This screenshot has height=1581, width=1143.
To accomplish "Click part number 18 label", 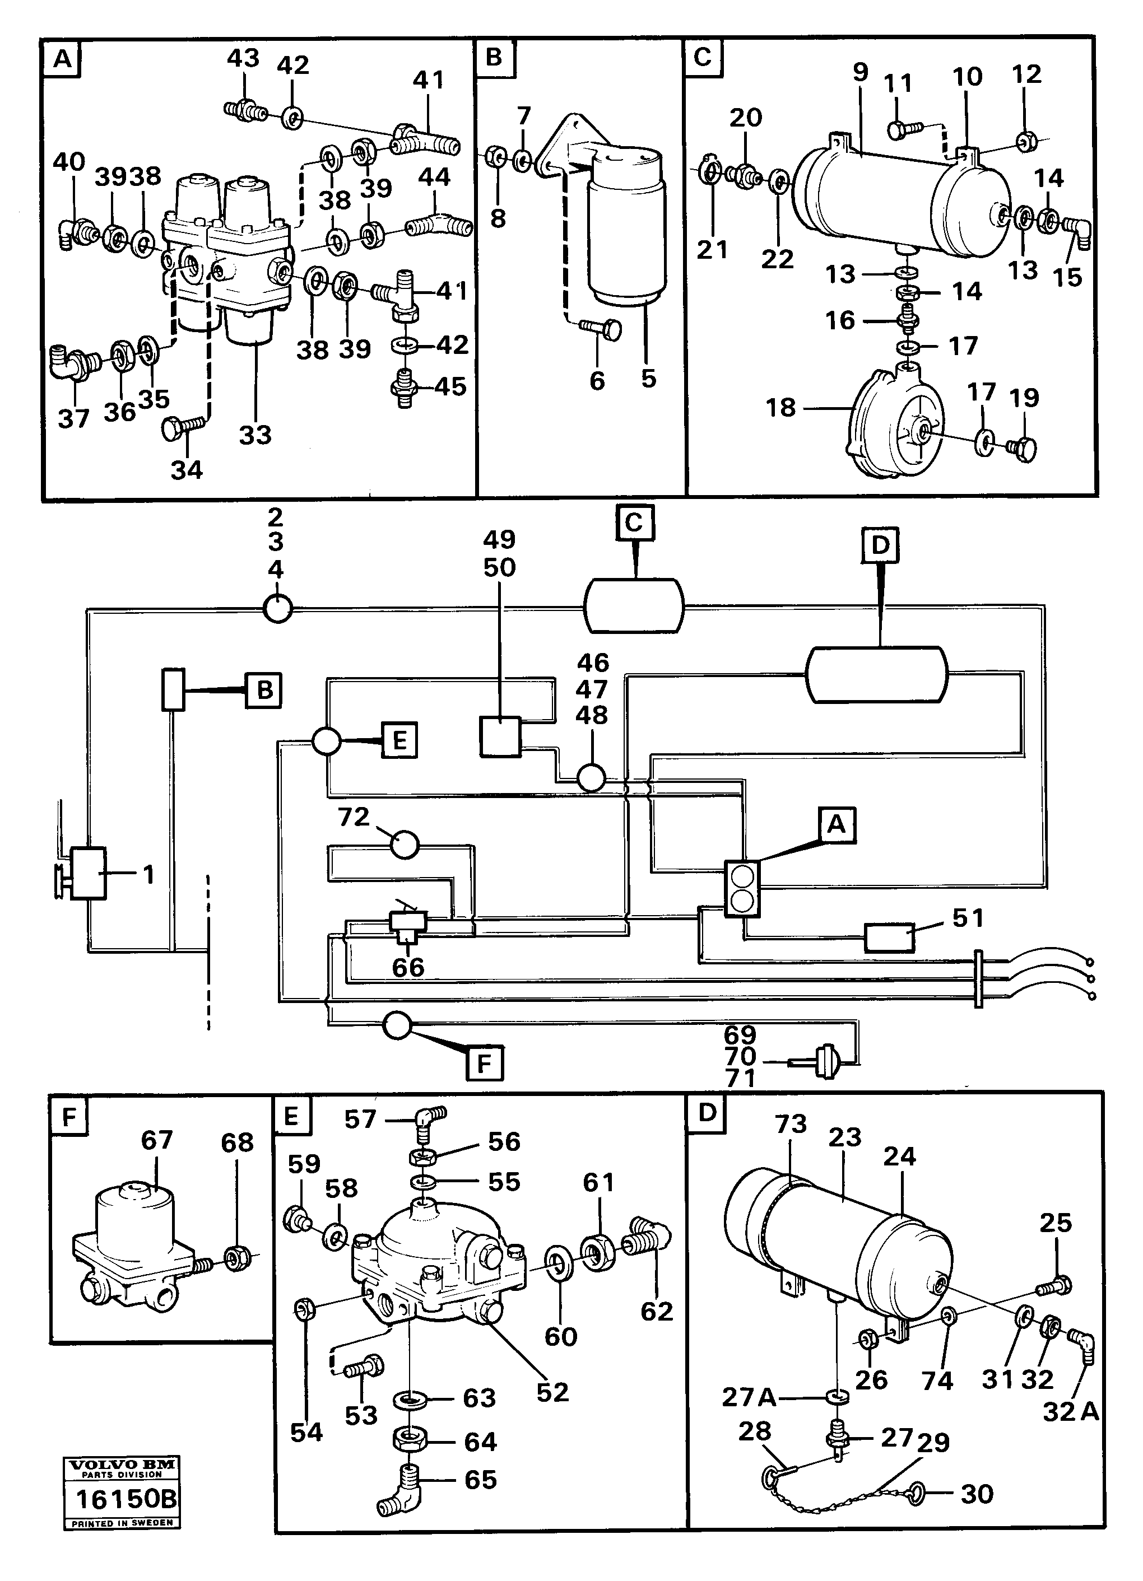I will click(780, 407).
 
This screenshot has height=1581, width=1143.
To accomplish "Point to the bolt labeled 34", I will click(183, 426).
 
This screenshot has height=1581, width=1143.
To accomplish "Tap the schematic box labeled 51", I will click(889, 938).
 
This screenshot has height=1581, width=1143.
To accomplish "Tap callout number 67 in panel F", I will click(156, 1140).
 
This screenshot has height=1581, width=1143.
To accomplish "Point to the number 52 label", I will click(552, 1391).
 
